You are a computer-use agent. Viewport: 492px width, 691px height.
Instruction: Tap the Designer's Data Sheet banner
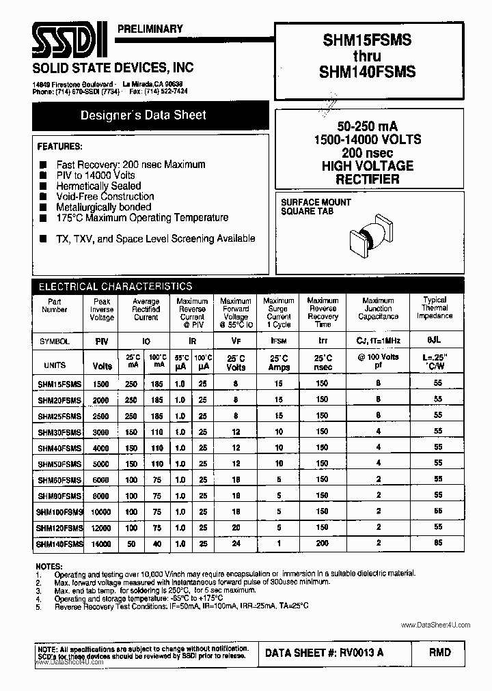point(143,115)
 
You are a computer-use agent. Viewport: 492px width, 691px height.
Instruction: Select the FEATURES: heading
point(59,147)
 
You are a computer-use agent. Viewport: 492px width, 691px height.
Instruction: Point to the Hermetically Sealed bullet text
point(98,186)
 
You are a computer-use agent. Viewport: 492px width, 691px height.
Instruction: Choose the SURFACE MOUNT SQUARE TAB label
point(316,207)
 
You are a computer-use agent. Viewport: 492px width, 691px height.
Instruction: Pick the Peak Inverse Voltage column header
point(102,309)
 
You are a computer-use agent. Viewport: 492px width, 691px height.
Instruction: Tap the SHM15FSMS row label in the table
point(59,384)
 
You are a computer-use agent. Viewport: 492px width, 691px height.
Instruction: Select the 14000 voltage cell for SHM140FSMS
point(102,544)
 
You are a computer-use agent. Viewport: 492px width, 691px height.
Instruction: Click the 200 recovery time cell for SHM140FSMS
point(322,544)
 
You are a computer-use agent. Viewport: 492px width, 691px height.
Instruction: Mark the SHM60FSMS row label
point(59,479)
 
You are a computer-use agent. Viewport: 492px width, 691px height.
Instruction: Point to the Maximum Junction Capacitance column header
point(378,309)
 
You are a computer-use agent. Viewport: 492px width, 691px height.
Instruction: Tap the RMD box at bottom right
point(440,653)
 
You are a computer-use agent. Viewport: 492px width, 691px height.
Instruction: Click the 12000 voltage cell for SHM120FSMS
point(102,528)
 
